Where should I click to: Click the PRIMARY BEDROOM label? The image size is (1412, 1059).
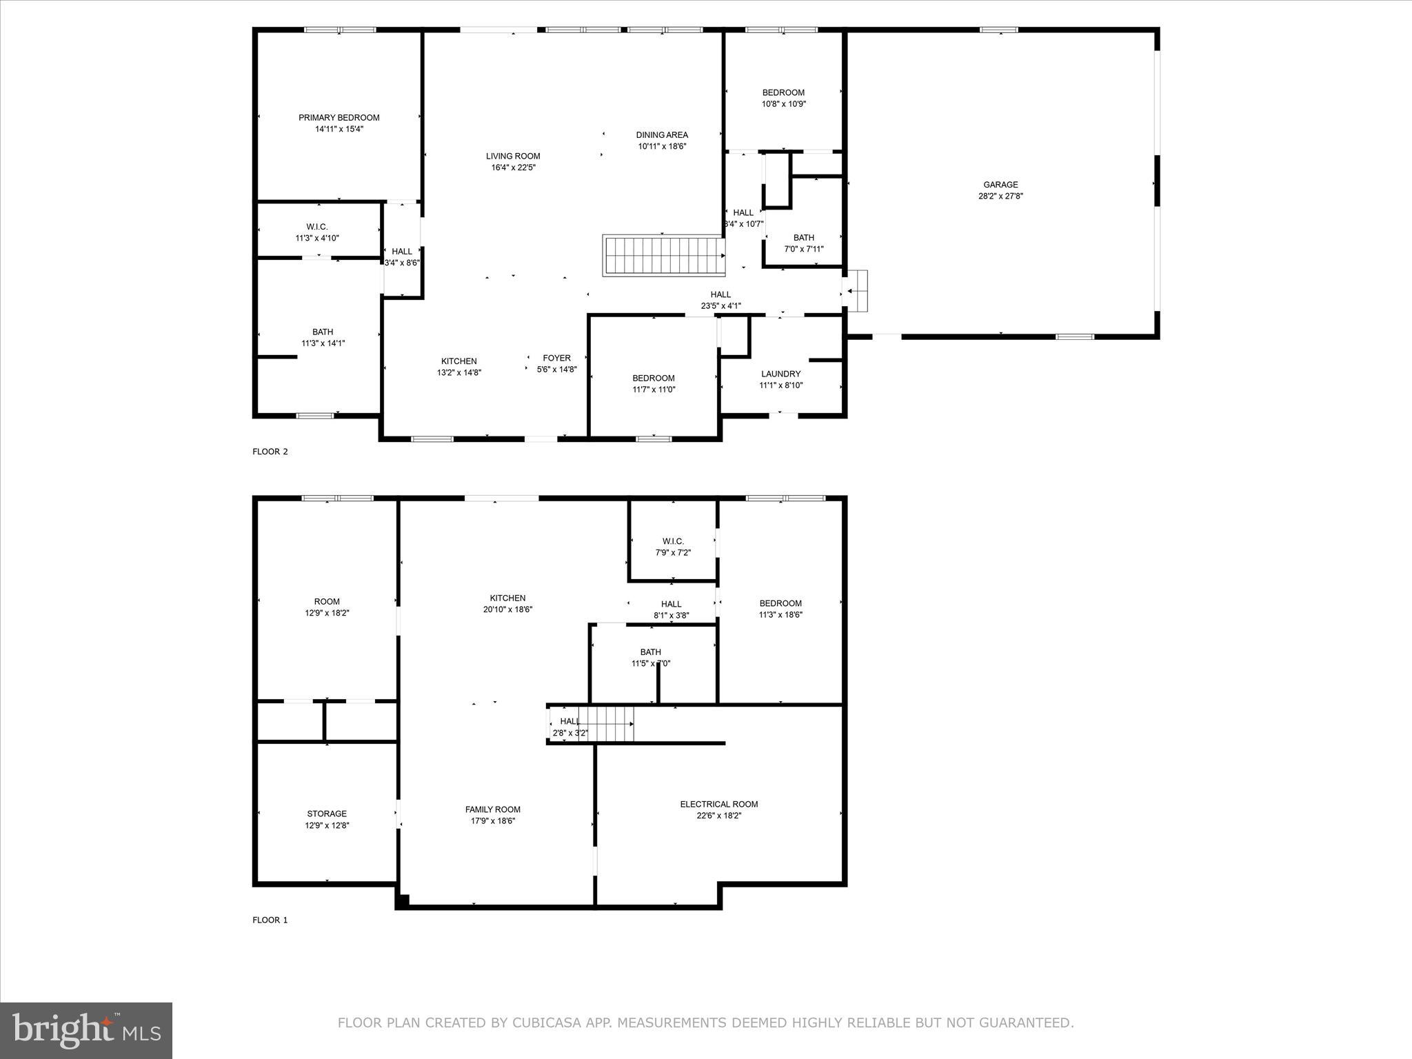pos(339,118)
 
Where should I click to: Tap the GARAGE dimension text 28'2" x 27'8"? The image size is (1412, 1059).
pos(1000,196)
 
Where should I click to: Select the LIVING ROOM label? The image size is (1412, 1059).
pos(512,157)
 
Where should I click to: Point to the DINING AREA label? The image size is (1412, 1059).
pos(662,135)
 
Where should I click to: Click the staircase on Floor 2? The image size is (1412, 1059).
pos(663,256)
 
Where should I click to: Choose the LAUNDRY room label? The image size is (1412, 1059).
pos(780,374)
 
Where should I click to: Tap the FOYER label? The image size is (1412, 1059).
pos(556,358)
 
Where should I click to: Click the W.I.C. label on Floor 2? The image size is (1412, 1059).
pos(317,227)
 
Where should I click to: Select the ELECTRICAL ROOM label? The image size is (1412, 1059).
pos(718,804)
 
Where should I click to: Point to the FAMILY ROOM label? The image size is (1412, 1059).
pos(492,809)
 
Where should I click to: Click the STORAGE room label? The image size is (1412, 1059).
pos(327,814)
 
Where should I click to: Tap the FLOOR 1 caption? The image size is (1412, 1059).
pos(270,920)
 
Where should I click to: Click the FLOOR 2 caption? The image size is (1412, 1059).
pos(270,452)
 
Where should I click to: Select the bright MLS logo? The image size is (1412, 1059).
pos(86,1031)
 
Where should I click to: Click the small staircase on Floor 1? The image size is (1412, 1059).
pos(605,724)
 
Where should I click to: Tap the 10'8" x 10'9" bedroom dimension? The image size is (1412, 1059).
pos(783,104)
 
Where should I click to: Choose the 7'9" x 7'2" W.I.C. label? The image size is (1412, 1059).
pos(672,553)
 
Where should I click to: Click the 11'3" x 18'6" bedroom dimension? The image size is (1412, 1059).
pos(780,615)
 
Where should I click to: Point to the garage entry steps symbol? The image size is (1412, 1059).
pos(857,291)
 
